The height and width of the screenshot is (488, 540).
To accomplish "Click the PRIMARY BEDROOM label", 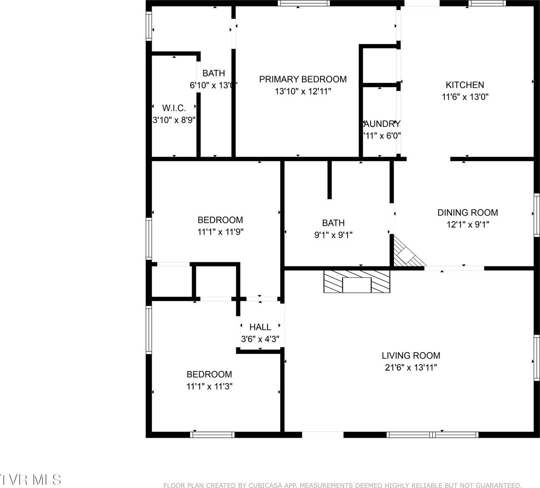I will coord(303,79).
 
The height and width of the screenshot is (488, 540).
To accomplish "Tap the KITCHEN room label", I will coord(465,85).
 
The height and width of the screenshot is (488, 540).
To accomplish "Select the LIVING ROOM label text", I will coord(411,356).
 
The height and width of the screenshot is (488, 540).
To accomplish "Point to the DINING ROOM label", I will coord(468,212).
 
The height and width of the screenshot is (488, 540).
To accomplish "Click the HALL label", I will coord(260,327).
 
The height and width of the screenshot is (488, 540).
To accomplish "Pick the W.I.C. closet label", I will coord(174,108).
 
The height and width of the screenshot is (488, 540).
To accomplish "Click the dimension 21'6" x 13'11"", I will coord(411,368).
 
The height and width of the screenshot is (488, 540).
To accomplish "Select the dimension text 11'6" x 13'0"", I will coord(465,97).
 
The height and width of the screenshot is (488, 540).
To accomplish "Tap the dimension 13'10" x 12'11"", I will coord(303,91).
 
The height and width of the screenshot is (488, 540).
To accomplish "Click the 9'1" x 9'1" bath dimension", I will coord(333,235).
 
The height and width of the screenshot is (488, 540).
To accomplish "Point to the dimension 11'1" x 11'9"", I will coord(220,232).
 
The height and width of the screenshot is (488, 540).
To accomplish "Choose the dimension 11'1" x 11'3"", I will coord(209,386).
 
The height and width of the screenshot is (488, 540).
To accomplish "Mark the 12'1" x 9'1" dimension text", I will coord(468,224).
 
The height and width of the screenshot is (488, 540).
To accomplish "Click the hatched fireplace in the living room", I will coord(357,281).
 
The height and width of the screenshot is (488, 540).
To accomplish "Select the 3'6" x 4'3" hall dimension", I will coord(260,339).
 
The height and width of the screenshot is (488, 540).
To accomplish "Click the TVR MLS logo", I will coord(30,480).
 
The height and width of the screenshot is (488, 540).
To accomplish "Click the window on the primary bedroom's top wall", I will coord(304,3).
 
